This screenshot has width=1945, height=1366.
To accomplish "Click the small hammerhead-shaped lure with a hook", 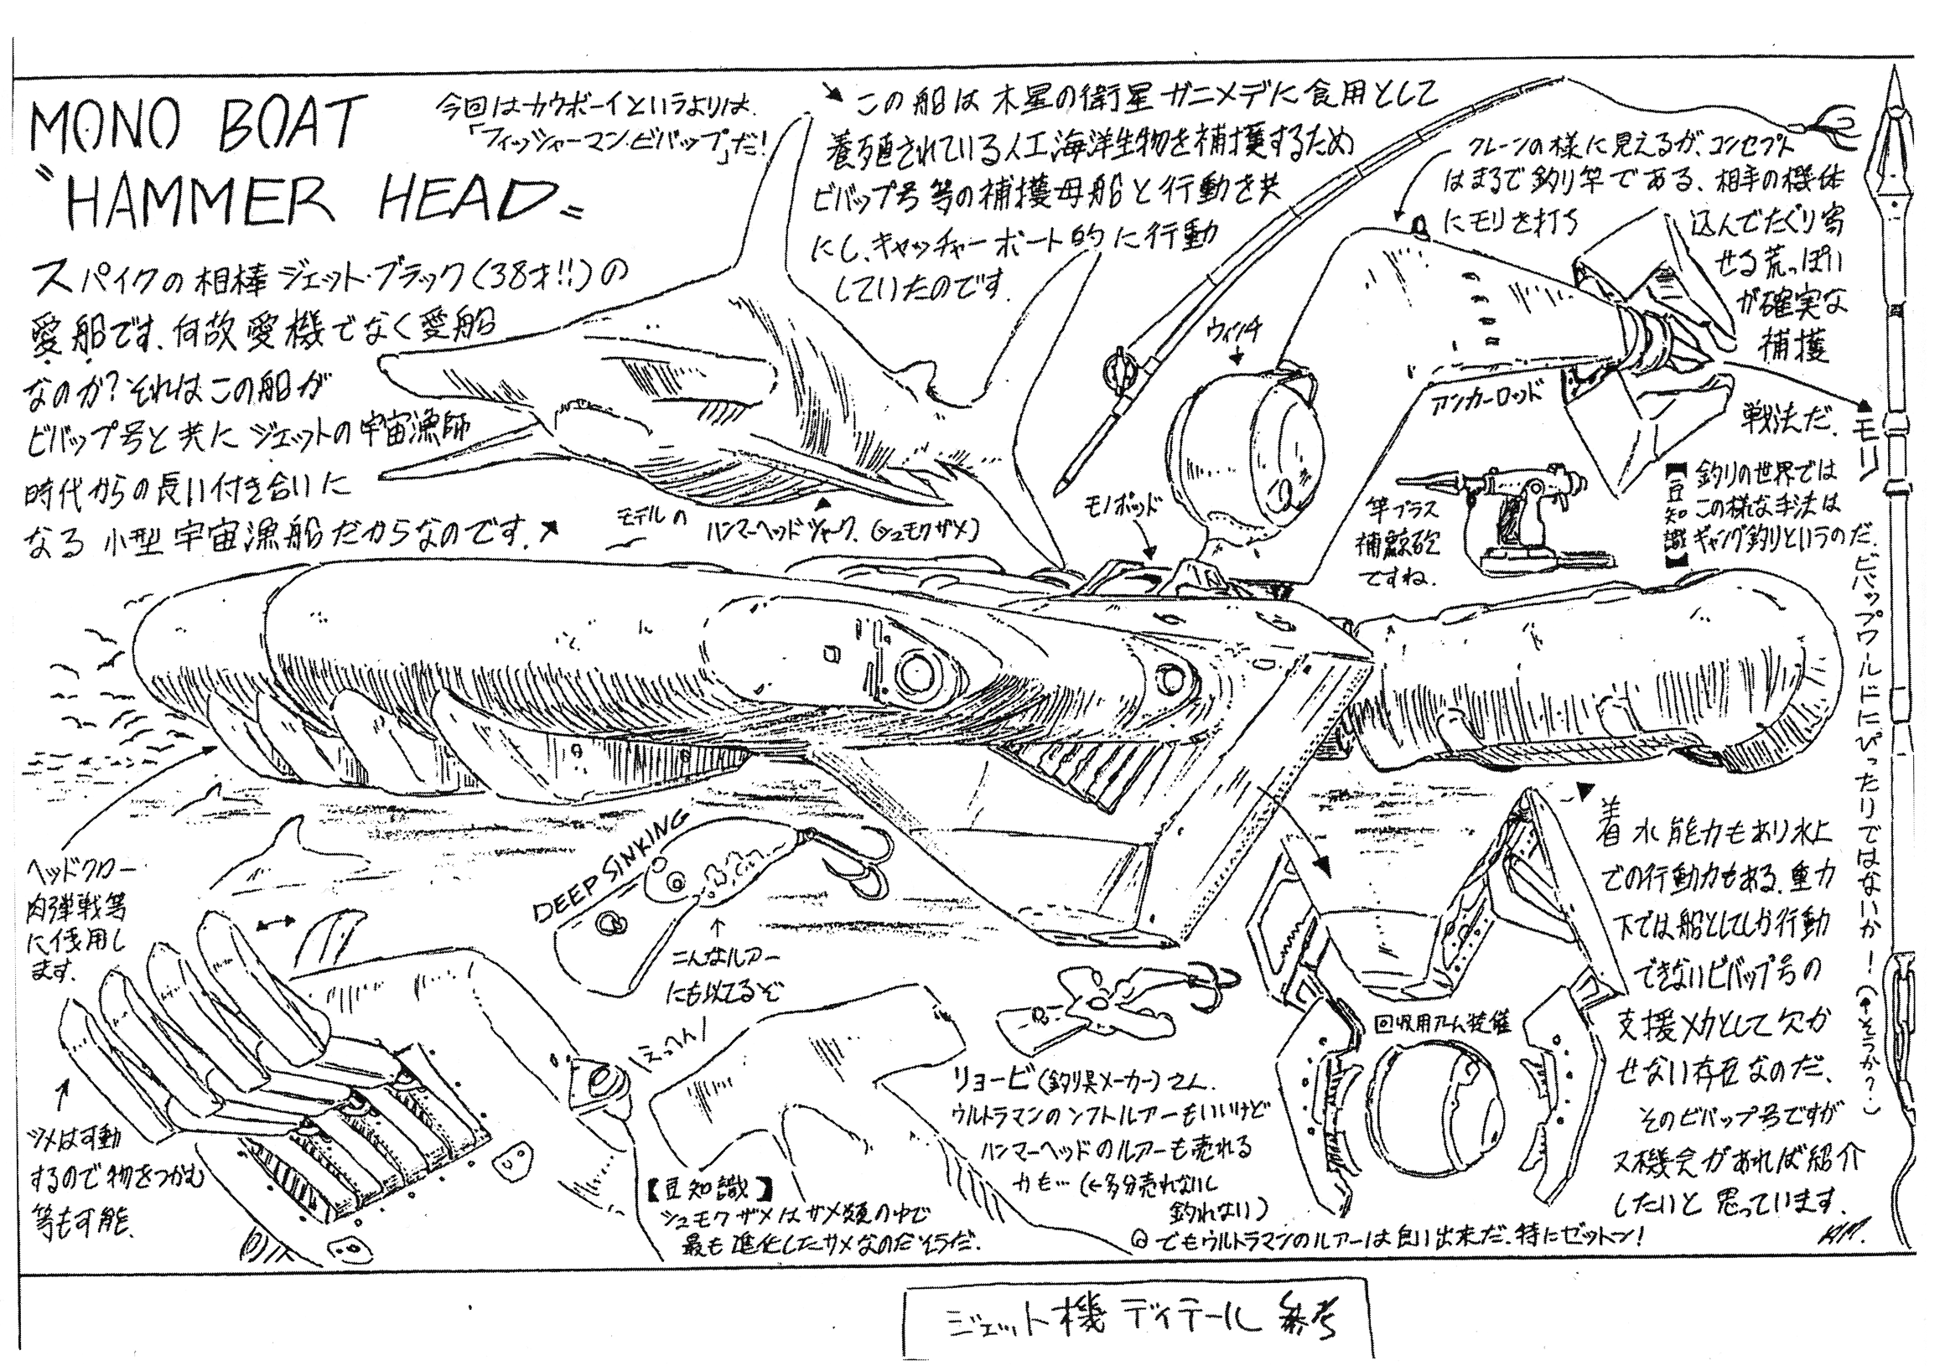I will (1092, 1012).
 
